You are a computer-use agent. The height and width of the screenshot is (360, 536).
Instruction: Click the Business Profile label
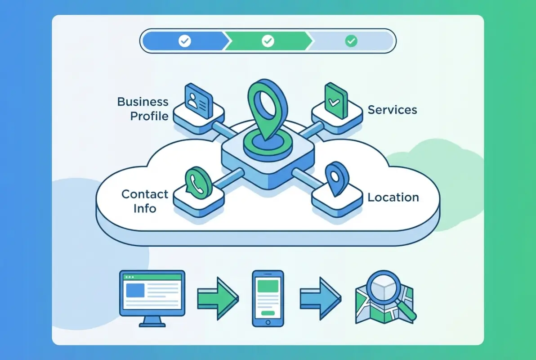pyautogui.click(x=143, y=109)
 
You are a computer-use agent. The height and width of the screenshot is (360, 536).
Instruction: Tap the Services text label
pyautogui.click(x=392, y=110)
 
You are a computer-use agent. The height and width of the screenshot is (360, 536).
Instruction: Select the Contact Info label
pyautogui.click(x=145, y=201)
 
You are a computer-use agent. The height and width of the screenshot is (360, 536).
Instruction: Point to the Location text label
pyautogui.click(x=393, y=198)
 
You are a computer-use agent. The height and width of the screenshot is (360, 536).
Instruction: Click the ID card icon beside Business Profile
pyautogui.click(x=199, y=102)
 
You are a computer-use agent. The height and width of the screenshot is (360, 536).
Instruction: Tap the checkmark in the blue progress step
pyautogui.click(x=184, y=41)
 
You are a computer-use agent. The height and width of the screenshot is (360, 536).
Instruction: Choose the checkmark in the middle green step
pyautogui.click(x=268, y=41)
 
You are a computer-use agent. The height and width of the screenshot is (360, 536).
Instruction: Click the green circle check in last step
pyautogui.click(x=351, y=41)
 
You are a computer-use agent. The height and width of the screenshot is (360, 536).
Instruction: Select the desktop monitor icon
pyautogui.click(x=152, y=295)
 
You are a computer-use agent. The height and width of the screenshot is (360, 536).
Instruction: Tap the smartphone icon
pyautogui.click(x=268, y=298)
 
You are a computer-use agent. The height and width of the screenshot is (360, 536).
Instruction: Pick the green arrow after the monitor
pyautogui.click(x=218, y=297)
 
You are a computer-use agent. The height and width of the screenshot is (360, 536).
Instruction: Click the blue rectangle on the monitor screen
pyautogui.click(x=135, y=291)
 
